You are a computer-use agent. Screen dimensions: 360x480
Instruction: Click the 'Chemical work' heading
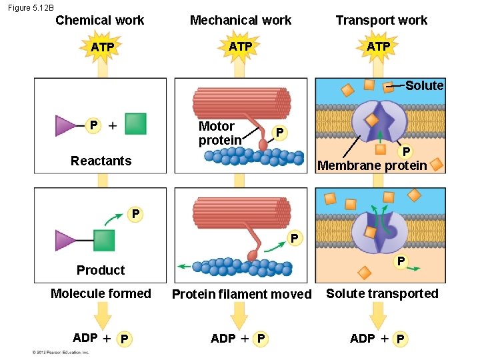pos(99,20)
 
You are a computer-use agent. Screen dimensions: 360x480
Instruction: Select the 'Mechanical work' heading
pos(241,20)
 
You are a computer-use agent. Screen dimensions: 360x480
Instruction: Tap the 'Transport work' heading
pos(381,20)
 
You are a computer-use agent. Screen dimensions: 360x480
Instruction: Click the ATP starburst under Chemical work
pos(102,47)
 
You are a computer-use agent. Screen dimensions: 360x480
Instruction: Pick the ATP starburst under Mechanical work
pos(241,46)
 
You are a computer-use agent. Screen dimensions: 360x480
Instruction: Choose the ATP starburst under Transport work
pos(378,46)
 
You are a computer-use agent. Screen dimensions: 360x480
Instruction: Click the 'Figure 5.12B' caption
pos(31,7)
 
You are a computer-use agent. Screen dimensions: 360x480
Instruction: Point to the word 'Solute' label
pos(424,85)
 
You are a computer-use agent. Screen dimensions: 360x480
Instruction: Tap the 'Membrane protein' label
pos(372,165)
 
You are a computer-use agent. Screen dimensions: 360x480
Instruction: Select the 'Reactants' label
pos(101,161)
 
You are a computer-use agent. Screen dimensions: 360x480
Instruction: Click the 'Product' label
pos(101,270)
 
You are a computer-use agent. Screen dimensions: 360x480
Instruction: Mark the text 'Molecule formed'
pos(101,293)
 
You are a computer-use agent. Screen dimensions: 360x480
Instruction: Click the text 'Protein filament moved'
pos(241,294)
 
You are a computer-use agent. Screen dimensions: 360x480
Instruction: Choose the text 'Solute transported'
pos(382,293)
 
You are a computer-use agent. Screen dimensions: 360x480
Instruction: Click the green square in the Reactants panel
pos(135,124)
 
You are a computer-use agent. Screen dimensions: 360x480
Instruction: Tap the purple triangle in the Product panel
pos(65,240)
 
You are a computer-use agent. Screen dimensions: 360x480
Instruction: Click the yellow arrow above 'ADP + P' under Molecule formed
pos(102,315)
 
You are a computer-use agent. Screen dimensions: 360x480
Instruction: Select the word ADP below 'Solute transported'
pos(362,339)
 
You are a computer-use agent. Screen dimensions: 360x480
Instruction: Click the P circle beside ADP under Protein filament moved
pos(261,339)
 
